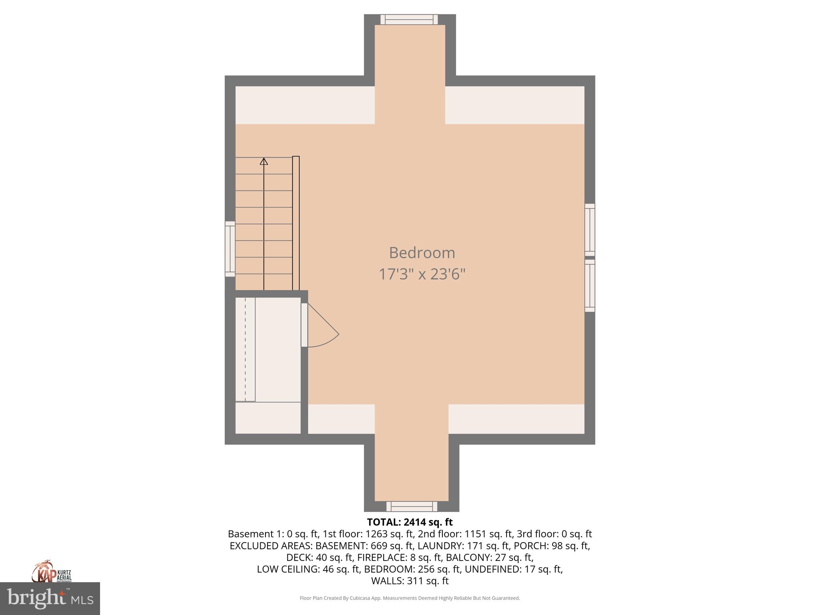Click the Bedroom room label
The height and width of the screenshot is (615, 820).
(422, 253)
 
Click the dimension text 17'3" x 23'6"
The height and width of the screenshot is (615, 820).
(422, 274)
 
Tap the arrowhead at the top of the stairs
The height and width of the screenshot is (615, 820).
(264, 161)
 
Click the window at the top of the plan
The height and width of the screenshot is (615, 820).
(409, 19)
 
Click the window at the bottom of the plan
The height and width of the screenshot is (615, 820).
(412, 506)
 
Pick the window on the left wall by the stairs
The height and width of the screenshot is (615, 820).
(230, 249)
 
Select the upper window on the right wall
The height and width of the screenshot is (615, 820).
(590, 229)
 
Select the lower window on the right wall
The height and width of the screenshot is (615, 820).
(590, 285)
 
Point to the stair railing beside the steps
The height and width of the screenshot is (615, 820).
(296, 223)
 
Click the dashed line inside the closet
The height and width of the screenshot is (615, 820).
(245, 348)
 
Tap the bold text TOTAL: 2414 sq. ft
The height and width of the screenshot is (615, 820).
(410, 522)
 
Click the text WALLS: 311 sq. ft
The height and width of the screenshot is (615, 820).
(410, 581)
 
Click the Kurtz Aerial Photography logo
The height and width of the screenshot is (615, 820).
(51, 572)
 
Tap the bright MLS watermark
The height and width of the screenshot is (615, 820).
(50, 599)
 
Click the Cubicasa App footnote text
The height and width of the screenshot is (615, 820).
(410, 598)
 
